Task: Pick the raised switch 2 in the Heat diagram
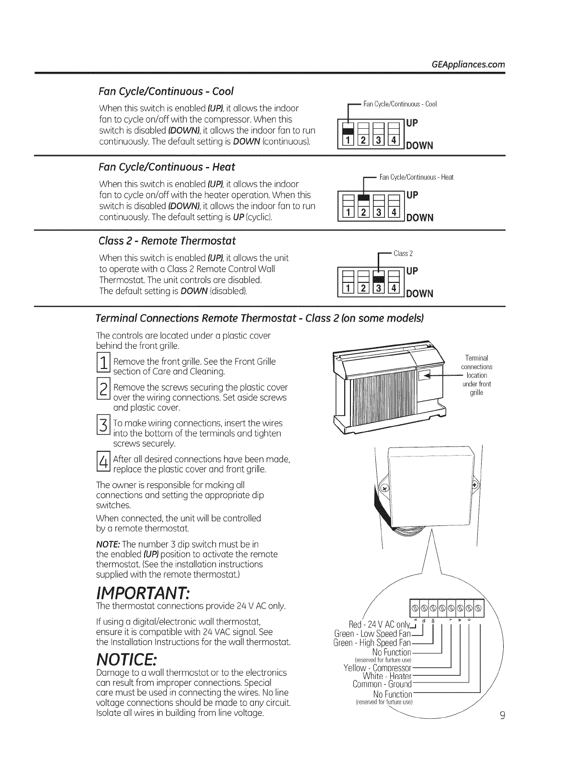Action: click(364, 198)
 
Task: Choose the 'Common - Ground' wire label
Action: click(382, 684)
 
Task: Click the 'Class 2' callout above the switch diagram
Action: click(403, 253)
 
